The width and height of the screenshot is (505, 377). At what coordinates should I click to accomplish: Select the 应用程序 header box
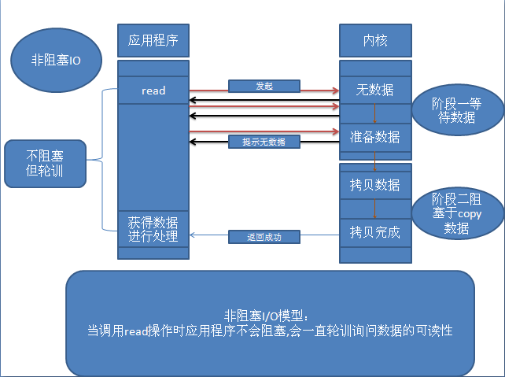coord(153,38)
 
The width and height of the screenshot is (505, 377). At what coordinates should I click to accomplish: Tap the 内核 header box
coord(374,38)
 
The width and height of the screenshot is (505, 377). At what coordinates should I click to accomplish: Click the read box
coord(153,91)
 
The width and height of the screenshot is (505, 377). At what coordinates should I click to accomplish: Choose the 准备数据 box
coord(375,136)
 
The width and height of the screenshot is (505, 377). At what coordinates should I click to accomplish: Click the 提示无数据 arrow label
coord(264,142)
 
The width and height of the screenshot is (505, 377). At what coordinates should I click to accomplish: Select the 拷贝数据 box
coord(375,186)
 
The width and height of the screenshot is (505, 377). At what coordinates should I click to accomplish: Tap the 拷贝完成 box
coord(375,232)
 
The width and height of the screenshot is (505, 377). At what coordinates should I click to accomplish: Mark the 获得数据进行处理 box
coord(153,229)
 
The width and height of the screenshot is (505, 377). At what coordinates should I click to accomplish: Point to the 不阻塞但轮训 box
coord(44,164)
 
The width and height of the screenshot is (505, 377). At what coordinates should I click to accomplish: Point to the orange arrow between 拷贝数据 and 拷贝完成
coord(375,209)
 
